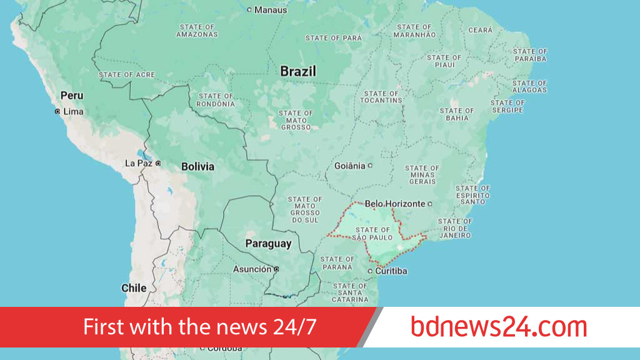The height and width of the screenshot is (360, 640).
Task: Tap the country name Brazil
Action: click(x=298, y=71)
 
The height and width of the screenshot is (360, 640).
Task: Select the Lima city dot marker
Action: click(x=57, y=111)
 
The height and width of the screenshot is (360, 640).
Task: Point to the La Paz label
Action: click(x=139, y=163)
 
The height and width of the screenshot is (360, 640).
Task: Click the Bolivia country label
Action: click(x=197, y=167)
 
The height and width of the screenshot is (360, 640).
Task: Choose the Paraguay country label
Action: click(x=268, y=244)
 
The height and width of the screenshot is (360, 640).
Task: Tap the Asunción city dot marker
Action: click(x=276, y=269)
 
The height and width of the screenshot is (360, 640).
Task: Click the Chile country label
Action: click(x=134, y=288)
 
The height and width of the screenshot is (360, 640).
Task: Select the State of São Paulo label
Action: click(x=372, y=234)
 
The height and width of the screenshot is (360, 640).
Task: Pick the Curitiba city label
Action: click(x=391, y=271)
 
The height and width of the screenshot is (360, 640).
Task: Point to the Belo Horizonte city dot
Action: click(x=430, y=204)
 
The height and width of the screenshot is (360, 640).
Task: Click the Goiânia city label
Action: click(x=349, y=166)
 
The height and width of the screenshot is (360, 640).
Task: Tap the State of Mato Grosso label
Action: click(x=296, y=120)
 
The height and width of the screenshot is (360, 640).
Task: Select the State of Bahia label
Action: click(x=457, y=114)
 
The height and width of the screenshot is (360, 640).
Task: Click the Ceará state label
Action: click(x=481, y=30)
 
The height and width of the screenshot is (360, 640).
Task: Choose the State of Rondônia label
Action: click(x=216, y=100)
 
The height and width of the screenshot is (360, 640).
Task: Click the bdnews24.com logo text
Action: click(x=499, y=327)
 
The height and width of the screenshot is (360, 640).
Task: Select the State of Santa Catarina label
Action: click(x=351, y=292)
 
